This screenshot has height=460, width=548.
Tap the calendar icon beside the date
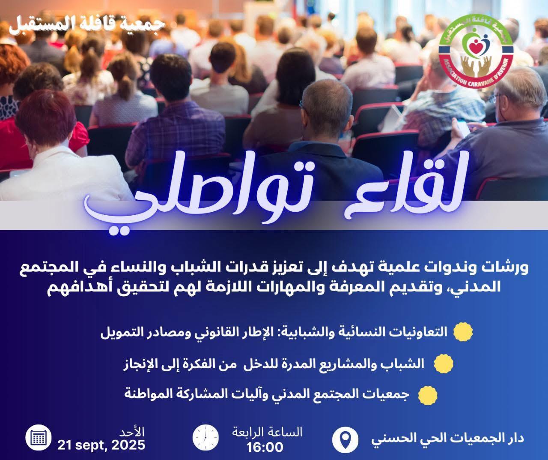tap(39, 437)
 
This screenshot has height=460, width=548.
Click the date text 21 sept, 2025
tap(101, 445)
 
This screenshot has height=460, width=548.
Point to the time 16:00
tap(265, 447)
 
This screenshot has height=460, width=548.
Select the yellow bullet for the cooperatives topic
tap(463, 332)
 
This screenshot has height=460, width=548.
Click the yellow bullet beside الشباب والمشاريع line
tap(444, 364)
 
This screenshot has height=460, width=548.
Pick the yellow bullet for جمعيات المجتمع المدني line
tap(428, 395)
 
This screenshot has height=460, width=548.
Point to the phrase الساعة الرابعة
tap(267, 432)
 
